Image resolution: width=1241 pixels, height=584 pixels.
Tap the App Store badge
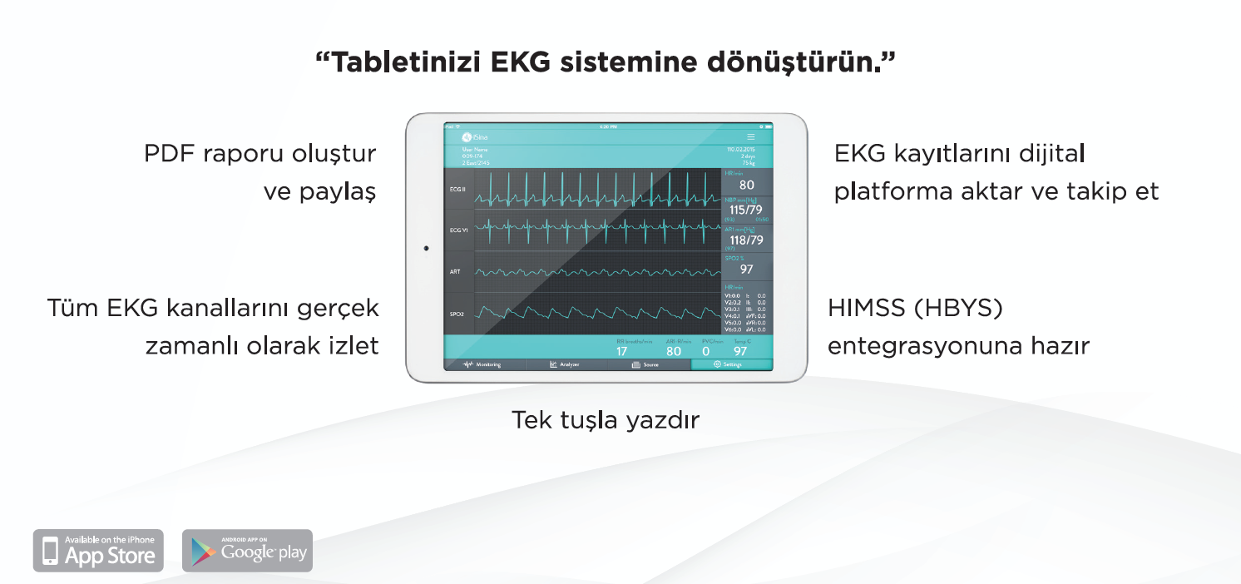point(99,551)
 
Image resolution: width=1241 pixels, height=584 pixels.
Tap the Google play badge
point(247,551)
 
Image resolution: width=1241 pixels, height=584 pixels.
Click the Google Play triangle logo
point(201,552)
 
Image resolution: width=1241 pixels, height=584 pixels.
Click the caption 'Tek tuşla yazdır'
point(605,420)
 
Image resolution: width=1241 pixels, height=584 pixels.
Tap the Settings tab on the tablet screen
point(732,364)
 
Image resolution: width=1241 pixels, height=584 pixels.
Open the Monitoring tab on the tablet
point(483,364)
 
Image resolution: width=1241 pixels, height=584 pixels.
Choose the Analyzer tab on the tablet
point(566,364)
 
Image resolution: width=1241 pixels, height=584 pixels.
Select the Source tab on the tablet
point(648,364)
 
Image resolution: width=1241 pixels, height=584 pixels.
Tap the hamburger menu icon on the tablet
point(751,136)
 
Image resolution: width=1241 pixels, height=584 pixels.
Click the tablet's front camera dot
point(426,248)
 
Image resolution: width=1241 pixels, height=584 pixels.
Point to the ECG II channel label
point(457,191)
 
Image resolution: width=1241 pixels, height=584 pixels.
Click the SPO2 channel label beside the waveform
point(457,314)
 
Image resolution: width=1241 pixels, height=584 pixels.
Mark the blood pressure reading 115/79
point(746,210)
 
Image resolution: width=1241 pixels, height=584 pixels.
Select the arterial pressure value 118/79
point(746,240)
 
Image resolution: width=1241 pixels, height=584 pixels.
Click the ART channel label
point(455,272)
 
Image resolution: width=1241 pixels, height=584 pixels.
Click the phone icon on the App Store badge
point(51,552)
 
